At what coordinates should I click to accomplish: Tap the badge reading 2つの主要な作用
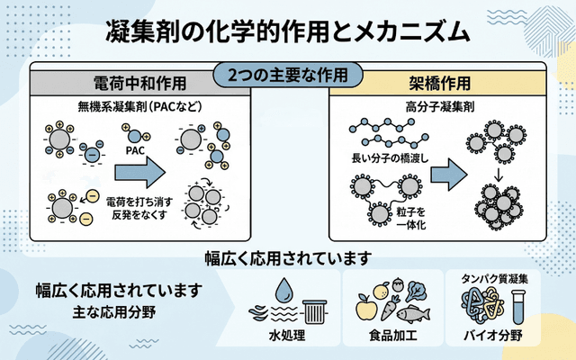[288, 73]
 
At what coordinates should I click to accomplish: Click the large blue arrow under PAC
[143, 168]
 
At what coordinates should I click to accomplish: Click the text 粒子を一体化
[409, 217]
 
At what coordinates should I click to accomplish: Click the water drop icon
[284, 289]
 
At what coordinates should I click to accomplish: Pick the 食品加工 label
[392, 338]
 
